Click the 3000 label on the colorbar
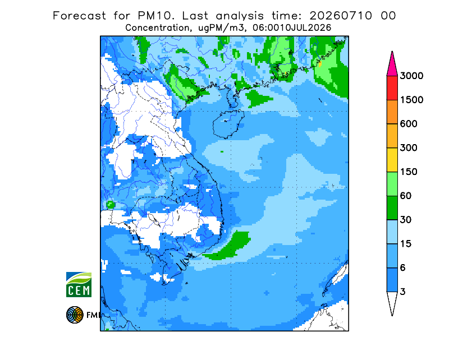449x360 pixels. pyautogui.click(x=411, y=76)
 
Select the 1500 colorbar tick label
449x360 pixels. pyautogui.click(x=411, y=100)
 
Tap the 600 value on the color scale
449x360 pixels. pyautogui.click(x=409, y=124)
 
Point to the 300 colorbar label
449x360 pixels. pyautogui.click(x=409, y=148)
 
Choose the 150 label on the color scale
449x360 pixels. pyautogui.click(x=409, y=172)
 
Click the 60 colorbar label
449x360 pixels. pyautogui.click(x=406, y=196)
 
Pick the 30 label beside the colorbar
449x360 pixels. pyautogui.click(x=406, y=220)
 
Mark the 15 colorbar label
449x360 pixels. pyautogui.click(x=406, y=244)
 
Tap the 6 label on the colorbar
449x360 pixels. pyautogui.click(x=403, y=268)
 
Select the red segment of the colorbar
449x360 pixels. pyautogui.click(x=392, y=88)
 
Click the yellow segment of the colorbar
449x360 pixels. pyautogui.click(x=392, y=160)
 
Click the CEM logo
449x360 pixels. pyautogui.click(x=79, y=284)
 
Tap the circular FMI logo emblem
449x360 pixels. pyautogui.click(x=75, y=315)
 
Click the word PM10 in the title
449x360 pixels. pyautogui.click(x=155, y=16)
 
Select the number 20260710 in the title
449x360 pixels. pyautogui.click(x=341, y=16)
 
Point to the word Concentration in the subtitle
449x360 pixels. pyautogui.click(x=157, y=28)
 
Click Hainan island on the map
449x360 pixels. pyautogui.click(x=228, y=124)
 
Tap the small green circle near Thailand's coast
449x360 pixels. pyautogui.click(x=111, y=205)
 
